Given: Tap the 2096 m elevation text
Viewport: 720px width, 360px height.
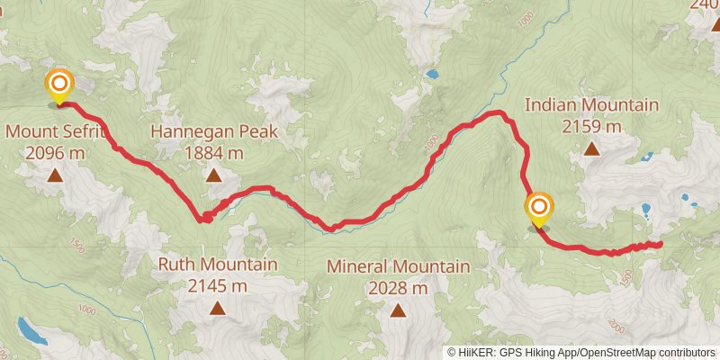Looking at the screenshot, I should (56, 153).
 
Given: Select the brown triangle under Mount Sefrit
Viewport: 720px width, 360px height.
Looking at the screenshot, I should (55, 175).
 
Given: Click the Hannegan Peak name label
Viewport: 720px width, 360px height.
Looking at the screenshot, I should (213, 131).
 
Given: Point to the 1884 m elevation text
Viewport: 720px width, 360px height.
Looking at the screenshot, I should (213, 153).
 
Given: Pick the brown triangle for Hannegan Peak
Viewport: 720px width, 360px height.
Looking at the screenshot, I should (213, 175).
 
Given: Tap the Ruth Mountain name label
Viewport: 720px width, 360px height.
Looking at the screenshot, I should (217, 265).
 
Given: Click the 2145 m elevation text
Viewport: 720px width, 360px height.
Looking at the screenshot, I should (217, 286).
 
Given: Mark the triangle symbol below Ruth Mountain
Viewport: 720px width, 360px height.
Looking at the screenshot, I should (217, 309).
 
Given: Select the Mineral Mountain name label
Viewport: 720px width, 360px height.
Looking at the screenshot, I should (398, 266).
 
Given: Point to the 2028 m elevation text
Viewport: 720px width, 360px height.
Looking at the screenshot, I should (398, 288).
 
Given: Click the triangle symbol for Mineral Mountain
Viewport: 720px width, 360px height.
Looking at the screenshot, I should (398, 310).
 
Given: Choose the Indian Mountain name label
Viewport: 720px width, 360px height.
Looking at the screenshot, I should (591, 105).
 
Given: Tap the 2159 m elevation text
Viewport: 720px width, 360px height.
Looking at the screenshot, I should (591, 127).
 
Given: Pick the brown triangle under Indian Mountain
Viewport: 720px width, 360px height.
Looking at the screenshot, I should (591, 149).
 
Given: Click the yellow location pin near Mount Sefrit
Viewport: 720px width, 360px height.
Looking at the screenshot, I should (59, 86).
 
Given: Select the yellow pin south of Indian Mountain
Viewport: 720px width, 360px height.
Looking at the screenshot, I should (539, 209).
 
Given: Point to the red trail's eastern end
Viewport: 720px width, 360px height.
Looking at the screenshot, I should (660, 244).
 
